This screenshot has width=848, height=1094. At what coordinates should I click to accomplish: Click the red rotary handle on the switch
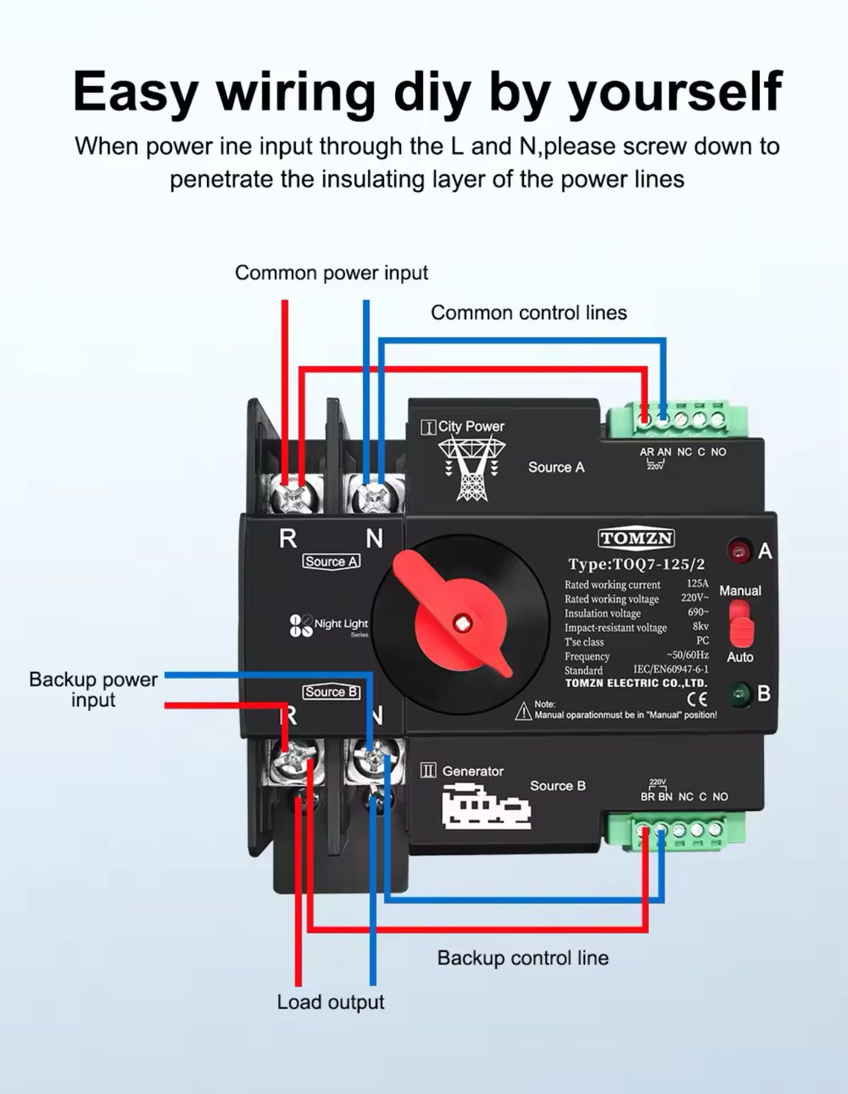point(456,615)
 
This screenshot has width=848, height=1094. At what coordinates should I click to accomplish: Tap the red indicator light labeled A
point(738,551)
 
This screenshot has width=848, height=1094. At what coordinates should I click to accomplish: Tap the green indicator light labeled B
point(739,695)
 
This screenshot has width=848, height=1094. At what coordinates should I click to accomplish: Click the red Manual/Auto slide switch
point(740,624)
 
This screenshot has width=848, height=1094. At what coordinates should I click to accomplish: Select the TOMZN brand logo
point(636,539)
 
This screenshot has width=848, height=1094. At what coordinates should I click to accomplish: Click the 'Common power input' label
point(331,273)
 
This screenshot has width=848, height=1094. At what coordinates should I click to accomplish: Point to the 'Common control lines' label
point(528,313)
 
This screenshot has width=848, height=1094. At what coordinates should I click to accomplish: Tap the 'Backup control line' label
point(523,958)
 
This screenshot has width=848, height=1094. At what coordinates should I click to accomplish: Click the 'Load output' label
point(330,1002)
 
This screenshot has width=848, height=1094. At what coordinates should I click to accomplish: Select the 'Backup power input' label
point(94,689)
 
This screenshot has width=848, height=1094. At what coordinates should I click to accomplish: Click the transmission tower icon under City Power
point(471,469)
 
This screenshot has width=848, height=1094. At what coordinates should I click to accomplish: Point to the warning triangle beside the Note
point(523,711)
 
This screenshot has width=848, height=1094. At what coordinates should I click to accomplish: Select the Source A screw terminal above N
point(373,494)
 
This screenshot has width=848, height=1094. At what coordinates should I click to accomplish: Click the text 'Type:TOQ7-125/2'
point(636,565)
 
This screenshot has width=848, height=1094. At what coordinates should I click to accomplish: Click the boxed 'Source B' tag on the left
point(331,692)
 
